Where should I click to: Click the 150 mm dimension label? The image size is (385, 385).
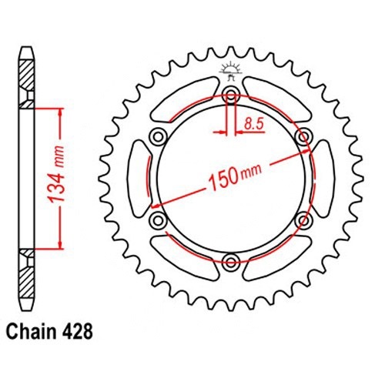pyautogui.click(x=236, y=176)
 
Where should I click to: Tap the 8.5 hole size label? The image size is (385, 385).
pyautogui.click(x=253, y=124)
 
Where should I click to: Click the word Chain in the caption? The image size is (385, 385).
pyautogui.click(x=31, y=332)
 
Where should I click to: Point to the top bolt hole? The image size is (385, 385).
pyautogui.click(x=230, y=96)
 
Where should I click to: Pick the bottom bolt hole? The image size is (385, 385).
pyautogui.click(x=230, y=262)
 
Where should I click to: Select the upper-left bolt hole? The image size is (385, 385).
pyautogui.click(x=159, y=136)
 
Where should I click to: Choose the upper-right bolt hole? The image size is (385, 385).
pyautogui.click(x=303, y=136)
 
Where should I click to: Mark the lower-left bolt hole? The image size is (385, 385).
pyautogui.click(x=159, y=220)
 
